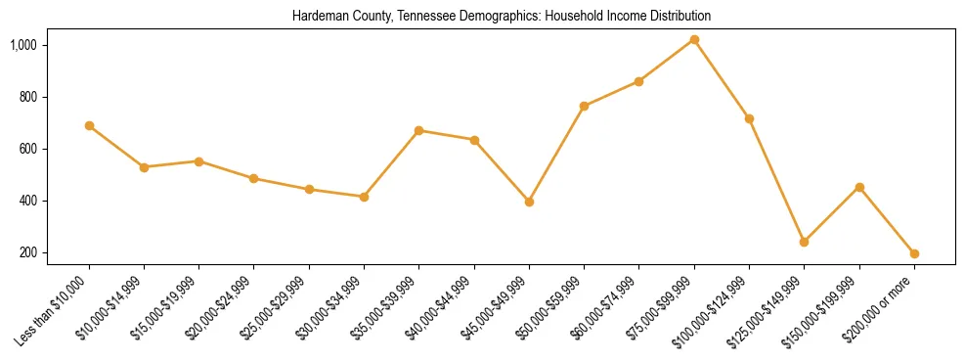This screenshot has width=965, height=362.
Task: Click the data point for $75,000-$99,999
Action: point(694,40)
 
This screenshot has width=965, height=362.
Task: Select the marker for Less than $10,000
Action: point(89,125)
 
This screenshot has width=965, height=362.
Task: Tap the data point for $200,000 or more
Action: point(914,253)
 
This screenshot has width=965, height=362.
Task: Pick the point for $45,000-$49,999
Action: point(529,202)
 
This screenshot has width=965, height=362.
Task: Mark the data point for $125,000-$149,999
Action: point(804,242)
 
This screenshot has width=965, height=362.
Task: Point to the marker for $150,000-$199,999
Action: point(859,187)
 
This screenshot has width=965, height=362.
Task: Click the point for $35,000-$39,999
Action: point(418,130)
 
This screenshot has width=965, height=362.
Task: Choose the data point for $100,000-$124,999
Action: point(749,118)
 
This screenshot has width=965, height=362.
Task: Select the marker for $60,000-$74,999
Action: point(638,81)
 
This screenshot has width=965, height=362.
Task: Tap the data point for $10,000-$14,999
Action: point(144,167)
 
